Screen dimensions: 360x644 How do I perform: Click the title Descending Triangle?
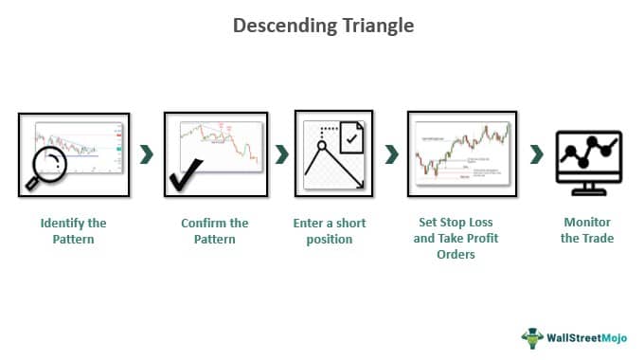(323, 26)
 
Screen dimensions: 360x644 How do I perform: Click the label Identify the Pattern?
(73, 231)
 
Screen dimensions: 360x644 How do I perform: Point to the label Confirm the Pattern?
(214, 231)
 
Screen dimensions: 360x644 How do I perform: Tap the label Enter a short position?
(330, 231)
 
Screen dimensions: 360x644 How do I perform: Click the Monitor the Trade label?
(587, 231)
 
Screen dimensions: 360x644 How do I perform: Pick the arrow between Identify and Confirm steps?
(146, 154)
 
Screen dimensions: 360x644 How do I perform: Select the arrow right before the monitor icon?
(537, 154)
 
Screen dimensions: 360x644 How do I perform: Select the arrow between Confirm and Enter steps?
(281, 154)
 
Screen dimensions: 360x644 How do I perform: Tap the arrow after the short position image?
(391, 154)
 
